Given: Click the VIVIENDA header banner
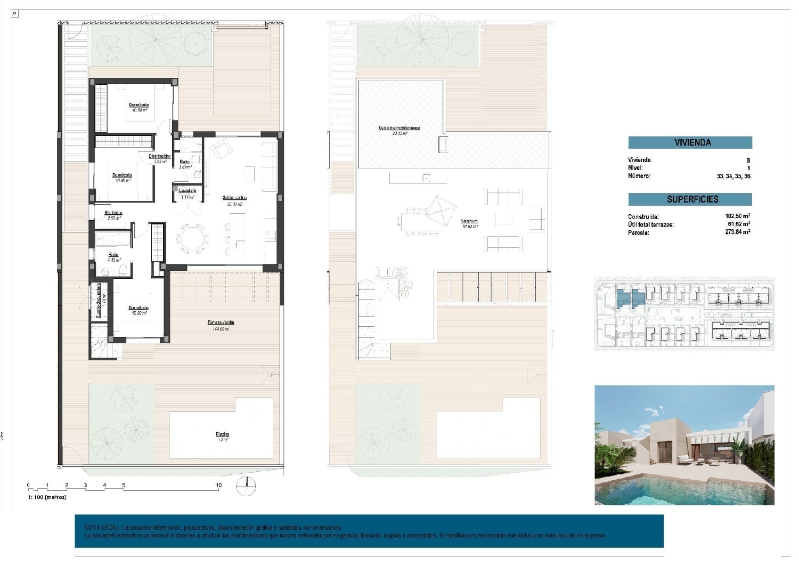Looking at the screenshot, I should click(690, 142).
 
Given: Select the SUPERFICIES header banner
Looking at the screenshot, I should click(690, 199).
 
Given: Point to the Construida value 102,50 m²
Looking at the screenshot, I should click(737, 216).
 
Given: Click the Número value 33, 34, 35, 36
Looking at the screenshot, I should click(733, 176).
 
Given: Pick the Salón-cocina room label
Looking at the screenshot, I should click(234, 198).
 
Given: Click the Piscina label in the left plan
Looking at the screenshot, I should click(223, 434).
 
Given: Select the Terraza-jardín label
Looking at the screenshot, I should click(221, 322).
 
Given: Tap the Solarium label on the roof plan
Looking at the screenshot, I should click(469, 221).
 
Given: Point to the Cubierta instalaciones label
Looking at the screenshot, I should click(399, 128).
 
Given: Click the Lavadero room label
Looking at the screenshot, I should click(187, 191).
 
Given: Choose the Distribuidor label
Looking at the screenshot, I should click(160, 156).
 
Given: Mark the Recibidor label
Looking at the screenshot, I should click(113, 213).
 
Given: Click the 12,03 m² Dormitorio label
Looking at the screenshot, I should click(138, 308).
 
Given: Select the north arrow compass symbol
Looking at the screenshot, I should click(246, 486).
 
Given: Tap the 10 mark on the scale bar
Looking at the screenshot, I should click(218, 486).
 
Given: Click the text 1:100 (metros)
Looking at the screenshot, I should click(47, 497).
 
